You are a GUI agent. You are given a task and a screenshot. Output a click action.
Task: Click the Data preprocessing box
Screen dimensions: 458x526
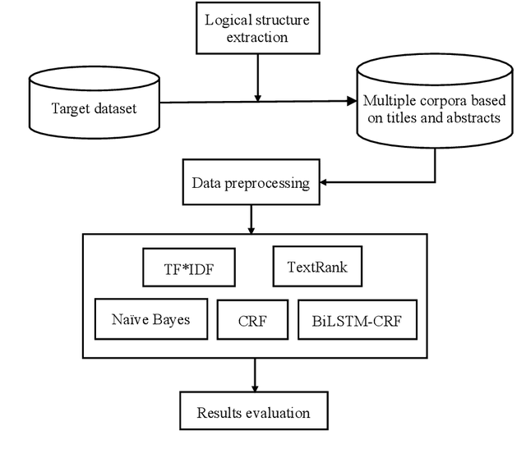coord(250,183)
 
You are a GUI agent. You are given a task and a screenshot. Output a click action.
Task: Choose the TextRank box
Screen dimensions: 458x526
coord(312,268)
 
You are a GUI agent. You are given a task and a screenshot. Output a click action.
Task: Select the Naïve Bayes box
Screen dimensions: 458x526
coord(150,318)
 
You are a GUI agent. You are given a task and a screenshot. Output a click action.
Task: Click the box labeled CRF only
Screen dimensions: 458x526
coord(252,318)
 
